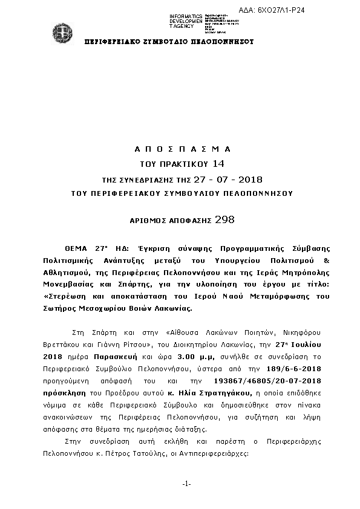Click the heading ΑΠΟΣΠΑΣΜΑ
coord(181,149)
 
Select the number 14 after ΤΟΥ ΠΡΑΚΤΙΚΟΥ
coord(218,164)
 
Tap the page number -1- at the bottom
coord(186,484)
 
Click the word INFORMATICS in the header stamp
coord(186,16)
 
